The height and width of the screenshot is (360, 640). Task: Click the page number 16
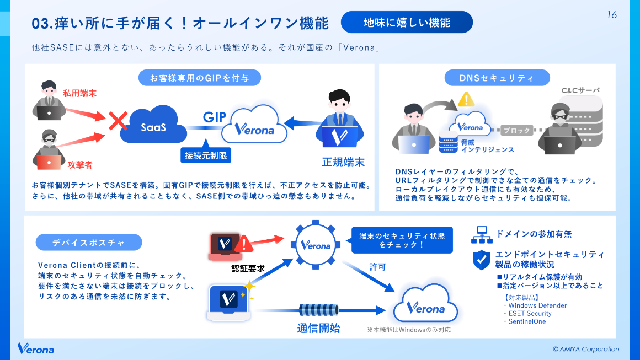611,15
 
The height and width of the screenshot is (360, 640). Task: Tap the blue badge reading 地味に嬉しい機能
407,23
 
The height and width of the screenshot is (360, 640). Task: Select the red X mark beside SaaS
118,121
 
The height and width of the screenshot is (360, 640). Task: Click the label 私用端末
79,93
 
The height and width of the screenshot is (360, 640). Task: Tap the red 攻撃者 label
80,164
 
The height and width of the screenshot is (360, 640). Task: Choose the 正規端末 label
343,162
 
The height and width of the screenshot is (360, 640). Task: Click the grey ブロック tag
516,131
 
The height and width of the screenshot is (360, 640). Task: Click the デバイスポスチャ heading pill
89,242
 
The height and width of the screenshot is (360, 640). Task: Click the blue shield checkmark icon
482,260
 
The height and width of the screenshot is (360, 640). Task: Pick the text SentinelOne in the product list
527,321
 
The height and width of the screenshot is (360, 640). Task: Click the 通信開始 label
318,329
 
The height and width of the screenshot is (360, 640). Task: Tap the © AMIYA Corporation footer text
586,349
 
